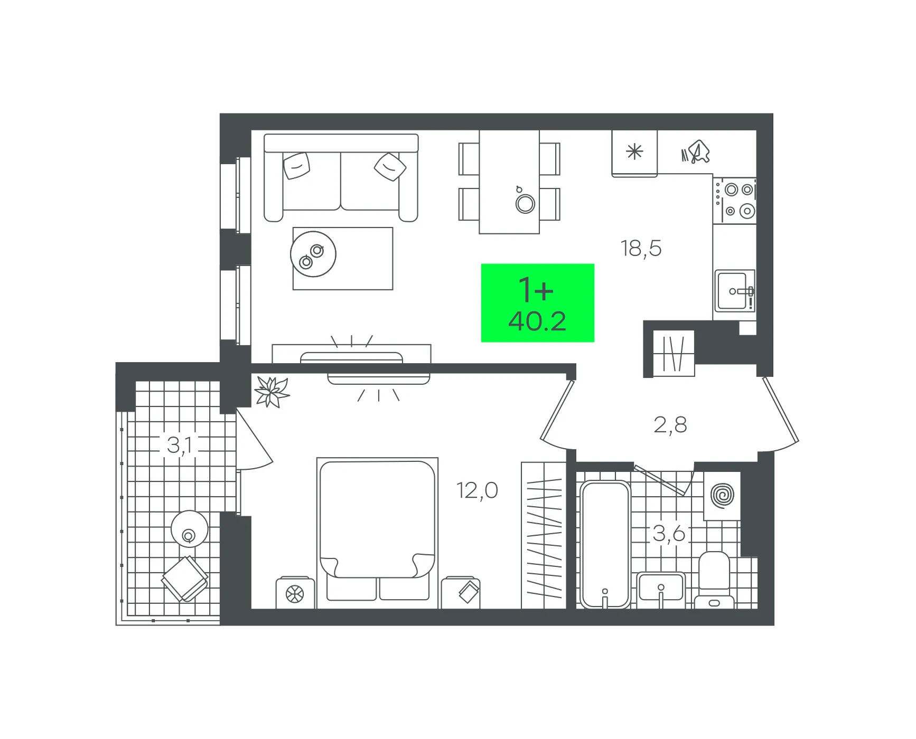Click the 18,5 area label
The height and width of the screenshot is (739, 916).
[x=641, y=248]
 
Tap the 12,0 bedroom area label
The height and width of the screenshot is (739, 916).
[x=477, y=490]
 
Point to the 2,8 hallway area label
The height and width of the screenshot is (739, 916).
[x=670, y=425]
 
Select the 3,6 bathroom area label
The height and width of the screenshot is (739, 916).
[x=669, y=534]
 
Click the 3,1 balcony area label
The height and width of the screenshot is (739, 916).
[x=180, y=445]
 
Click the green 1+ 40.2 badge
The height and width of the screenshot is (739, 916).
[x=538, y=303]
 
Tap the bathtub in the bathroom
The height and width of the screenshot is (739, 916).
[x=605, y=544]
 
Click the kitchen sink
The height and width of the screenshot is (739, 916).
[x=734, y=291]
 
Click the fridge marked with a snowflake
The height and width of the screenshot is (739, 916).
[x=634, y=153]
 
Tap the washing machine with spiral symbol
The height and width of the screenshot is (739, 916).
[x=722, y=496]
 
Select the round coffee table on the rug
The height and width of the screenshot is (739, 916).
[x=313, y=254]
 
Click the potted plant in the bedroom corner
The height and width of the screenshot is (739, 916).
[x=272, y=392]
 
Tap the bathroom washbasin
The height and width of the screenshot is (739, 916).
[x=661, y=589]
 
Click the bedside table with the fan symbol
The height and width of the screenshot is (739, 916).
[x=295, y=593]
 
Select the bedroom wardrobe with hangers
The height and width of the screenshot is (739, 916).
[x=544, y=535]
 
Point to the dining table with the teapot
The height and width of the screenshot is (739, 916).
[x=509, y=182]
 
